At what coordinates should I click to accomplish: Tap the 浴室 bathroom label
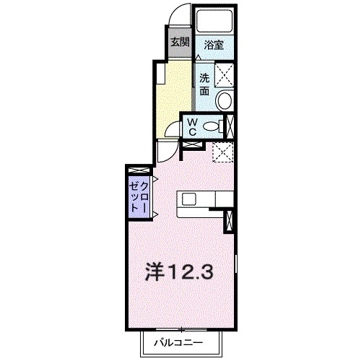click(x=213, y=45)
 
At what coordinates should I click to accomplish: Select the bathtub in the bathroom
click(x=214, y=22)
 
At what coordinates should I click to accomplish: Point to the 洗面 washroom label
click(x=205, y=84)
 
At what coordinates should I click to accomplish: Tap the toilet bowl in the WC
click(x=211, y=126)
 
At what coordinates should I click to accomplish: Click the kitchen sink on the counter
click(x=190, y=199)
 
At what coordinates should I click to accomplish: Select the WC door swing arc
click(x=171, y=129)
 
